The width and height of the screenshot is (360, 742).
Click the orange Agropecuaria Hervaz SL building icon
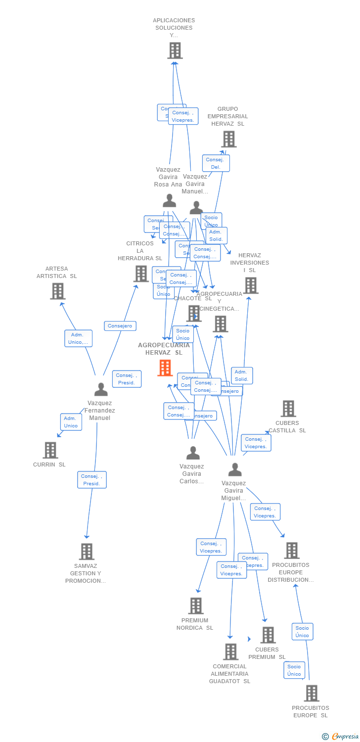click(165, 368)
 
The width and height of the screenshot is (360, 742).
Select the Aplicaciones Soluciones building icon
click(175, 50)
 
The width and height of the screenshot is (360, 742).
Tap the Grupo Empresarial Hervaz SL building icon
click(228, 139)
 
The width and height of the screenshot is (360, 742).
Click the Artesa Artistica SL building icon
click(58, 291)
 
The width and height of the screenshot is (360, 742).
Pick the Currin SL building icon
click(50, 450)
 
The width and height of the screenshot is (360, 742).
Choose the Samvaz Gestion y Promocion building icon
click(87, 551)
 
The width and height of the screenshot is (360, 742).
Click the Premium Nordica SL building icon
click(196, 605)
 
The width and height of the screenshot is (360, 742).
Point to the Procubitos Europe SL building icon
click(311, 693)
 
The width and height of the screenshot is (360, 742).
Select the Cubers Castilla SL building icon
click(288, 409)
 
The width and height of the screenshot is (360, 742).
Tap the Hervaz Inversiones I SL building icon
click(250, 285)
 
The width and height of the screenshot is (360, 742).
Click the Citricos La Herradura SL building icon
click(141, 274)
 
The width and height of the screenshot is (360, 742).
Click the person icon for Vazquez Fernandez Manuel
click(101, 390)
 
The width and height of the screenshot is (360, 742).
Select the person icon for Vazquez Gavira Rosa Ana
click(169, 201)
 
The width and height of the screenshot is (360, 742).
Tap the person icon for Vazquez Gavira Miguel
click(235, 469)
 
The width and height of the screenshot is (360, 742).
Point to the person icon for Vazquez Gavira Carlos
click(193, 453)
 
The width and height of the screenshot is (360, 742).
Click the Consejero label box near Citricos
click(120, 326)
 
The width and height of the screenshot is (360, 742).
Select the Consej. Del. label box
click(216, 163)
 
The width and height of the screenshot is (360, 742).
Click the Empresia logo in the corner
click(341, 737)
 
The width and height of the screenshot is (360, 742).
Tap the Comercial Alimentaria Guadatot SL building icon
click(230, 651)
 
